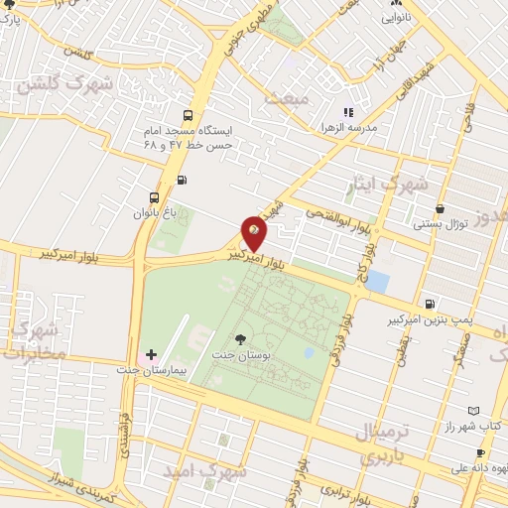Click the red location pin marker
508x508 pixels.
point(254,233)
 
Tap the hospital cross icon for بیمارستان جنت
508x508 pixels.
point(151,354)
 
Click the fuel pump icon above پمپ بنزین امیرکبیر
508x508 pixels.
point(428,305)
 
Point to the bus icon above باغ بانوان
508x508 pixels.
point(153,197)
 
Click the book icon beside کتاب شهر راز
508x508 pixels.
point(474,410)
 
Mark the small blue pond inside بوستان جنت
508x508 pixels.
point(309,353)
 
